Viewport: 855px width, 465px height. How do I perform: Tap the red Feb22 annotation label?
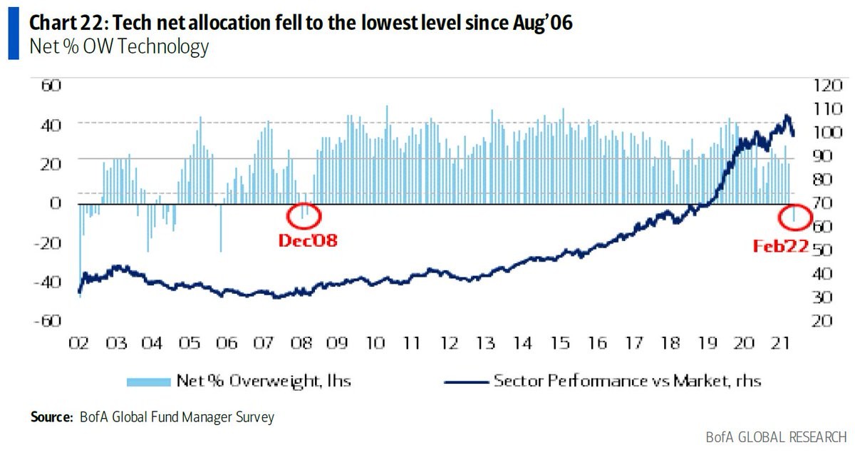[781, 247]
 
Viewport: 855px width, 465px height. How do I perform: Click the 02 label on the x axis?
[78, 344]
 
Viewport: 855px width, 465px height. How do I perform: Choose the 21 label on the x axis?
[782, 344]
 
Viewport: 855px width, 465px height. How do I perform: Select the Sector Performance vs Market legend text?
[627, 381]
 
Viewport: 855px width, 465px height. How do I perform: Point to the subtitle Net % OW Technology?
[118, 47]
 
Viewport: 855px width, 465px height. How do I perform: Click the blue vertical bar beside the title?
[14, 34]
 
